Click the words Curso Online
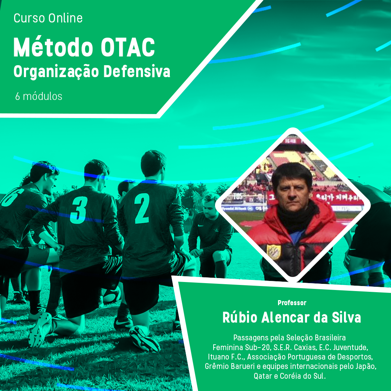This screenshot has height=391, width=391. click(48, 18)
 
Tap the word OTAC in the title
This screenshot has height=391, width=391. click(128, 47)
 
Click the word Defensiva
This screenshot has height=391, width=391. click(136, 71)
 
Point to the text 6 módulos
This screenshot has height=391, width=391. click(39, 96)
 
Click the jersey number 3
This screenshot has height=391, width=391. click(79, 210)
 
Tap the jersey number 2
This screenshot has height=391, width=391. click(142, 208)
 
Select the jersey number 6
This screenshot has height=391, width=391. click(12, 197)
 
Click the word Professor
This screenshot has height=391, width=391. click(292, 303)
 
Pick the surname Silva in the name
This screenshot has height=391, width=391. click(346, 318)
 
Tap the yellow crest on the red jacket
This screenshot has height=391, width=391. click(274, 252)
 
